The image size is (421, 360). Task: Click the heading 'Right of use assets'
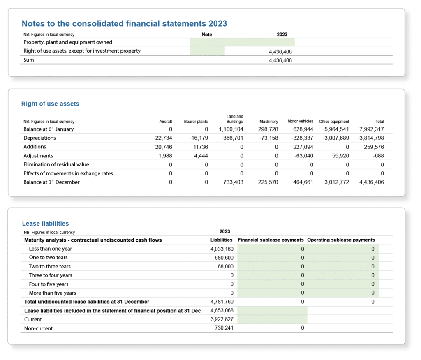point(50,104)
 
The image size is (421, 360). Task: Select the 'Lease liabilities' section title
point(45,224)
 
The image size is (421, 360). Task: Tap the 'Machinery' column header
point(269,122)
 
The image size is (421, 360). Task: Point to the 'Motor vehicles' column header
point(300,121)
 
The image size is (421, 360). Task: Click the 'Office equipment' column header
point(334,122)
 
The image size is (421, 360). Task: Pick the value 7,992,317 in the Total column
point(372,129)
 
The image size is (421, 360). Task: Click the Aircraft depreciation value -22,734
point(163,138)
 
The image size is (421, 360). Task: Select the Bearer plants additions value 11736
point(201,147)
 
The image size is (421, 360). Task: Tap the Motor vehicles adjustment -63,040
point(304,156)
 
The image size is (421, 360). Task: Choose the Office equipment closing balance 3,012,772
point(337,182)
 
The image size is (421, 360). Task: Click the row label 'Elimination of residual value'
point(56,164)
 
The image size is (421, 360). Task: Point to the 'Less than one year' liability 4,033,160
point(222,249)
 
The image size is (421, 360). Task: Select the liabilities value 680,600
point(224,258)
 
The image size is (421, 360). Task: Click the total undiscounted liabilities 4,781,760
point(222,302)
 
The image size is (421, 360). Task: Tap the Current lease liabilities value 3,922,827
point(222,319)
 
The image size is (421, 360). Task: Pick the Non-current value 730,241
point(224,328)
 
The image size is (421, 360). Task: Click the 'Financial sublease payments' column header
point(271,240)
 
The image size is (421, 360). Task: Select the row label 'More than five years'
point(52,293)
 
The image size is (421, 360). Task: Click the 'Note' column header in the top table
point(207,35)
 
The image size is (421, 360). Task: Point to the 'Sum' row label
point(28,60)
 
